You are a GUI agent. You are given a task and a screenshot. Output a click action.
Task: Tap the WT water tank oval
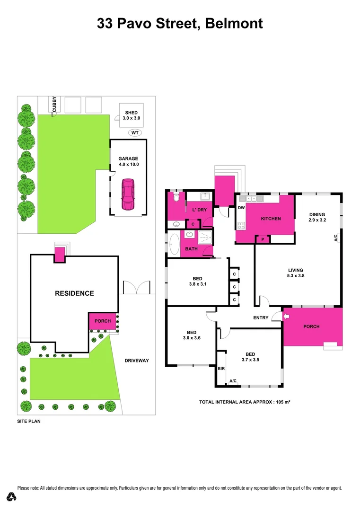point(135,133)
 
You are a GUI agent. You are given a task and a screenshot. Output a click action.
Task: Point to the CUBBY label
point(54,104)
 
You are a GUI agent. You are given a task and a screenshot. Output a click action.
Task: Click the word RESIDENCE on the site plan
point(74,293)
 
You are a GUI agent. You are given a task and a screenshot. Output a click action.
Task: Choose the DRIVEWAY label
point(137,361)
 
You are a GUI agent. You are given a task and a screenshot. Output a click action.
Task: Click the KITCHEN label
point(271,219)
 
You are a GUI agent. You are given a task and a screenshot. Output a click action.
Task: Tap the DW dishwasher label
point(241,208)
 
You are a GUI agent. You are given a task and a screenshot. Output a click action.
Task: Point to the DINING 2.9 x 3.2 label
point(318,217)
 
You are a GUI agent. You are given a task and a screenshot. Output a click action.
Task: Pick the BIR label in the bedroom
point(221,368)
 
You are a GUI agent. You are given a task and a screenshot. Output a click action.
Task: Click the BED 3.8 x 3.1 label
point(197,281)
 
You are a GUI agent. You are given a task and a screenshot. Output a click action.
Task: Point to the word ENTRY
point(261,318)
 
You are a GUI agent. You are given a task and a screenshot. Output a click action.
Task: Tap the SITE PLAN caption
point(28,420)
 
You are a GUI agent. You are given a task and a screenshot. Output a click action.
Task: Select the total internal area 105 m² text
point(244,402)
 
